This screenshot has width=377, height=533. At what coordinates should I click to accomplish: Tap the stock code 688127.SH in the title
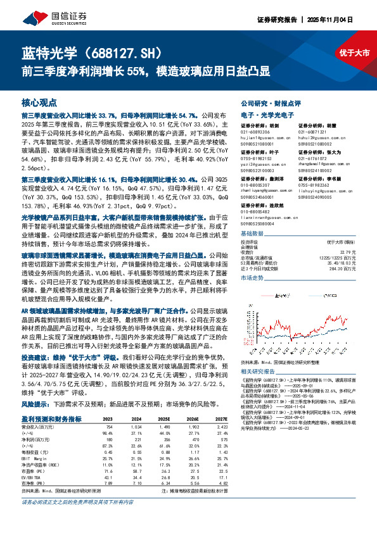pos(117,52)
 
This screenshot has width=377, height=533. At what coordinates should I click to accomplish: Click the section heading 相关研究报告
pos(259,372)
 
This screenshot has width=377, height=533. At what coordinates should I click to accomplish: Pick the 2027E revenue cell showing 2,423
pos(219,426)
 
